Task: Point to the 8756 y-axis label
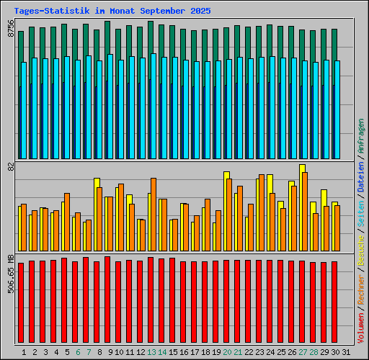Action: pyautogui.click(x=11, y=27)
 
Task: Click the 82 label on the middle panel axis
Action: pyautogui.click(x=11, y=166)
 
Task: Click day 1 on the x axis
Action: pyautogui.click(x=24, y=351)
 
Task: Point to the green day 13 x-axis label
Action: pyautogui.click(x=151, y=351)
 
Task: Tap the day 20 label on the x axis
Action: pyautogui.click(x=227, y=351)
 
